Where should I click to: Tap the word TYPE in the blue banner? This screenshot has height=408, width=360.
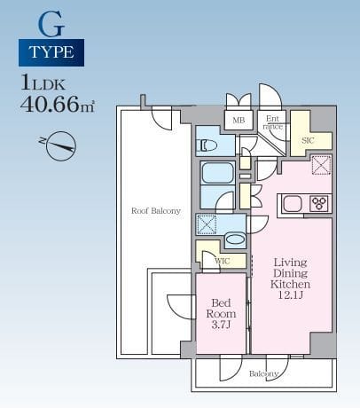(x=51, y=52)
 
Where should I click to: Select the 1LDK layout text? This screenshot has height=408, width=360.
(x=43, y=82)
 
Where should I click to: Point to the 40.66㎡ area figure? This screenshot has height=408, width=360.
(x=58, y=104)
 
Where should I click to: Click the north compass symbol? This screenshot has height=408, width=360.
(x=59, y=146)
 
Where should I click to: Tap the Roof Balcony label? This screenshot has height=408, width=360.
(x=156, y=211)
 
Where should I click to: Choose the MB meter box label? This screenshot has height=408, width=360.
(x=239, y=121)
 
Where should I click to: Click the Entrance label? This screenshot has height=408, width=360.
(x=273, y=122)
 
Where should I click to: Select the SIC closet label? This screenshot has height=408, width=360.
(x=308, y=140)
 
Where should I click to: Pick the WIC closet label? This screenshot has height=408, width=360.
(x=222, y=262)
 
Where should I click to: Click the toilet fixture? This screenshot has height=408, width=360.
(x=208, y=145)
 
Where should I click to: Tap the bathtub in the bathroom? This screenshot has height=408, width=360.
(x=217, y=173)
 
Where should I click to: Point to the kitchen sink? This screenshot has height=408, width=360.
(x=293, y=204)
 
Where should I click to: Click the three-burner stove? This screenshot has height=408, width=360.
(x=319, y=203)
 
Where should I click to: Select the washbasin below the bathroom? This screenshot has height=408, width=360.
(x=235, y=239)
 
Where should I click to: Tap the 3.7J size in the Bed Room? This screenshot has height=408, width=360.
(x=221, y=325)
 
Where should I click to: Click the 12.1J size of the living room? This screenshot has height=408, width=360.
(x=291, y=294)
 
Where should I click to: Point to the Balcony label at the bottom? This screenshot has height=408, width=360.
(x=263, y=373)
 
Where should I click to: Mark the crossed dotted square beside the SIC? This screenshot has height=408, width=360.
(x=321, y=165)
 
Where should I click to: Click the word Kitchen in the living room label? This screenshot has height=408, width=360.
(x=290, y=284)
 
